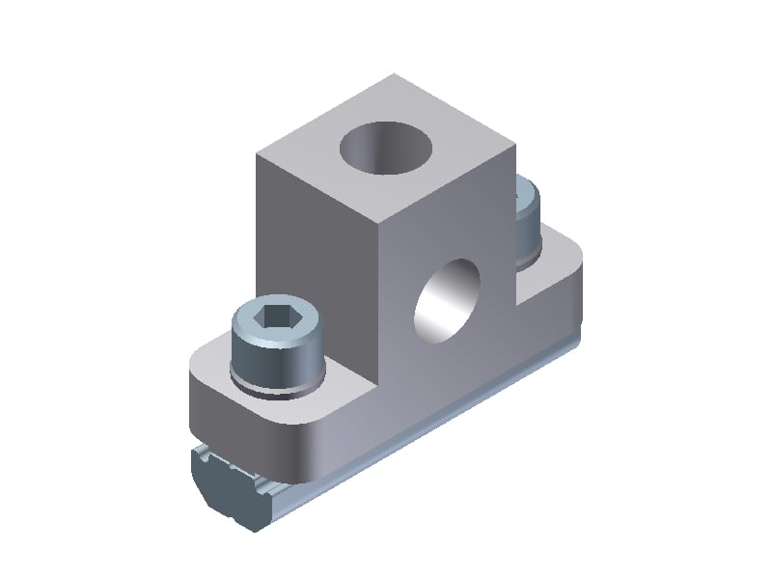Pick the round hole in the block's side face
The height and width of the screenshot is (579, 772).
pos(447,299)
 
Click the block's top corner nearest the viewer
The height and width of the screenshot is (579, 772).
pos(377,216)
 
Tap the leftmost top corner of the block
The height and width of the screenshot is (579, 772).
pos(257,155)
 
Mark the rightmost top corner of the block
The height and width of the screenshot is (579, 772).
pos(515,146)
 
